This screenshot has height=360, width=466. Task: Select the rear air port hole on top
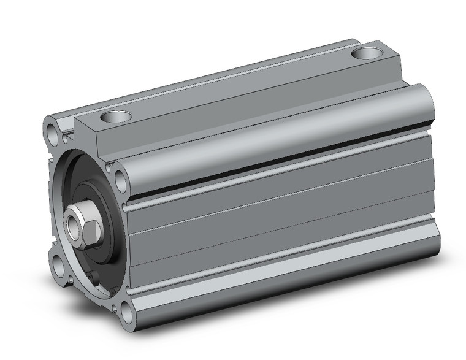367,53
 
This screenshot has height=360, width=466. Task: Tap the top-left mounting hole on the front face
52,131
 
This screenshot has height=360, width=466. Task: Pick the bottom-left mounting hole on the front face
59,267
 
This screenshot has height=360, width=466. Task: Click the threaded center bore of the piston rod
74,224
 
